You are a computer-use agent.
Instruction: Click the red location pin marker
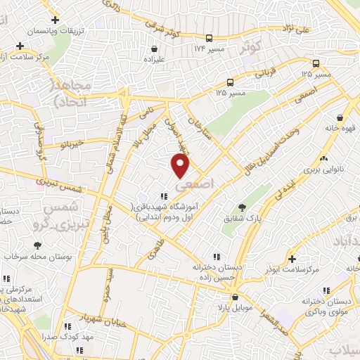click(x=181, y=166)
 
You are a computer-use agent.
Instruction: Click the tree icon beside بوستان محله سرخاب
click(x=37, y=245)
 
